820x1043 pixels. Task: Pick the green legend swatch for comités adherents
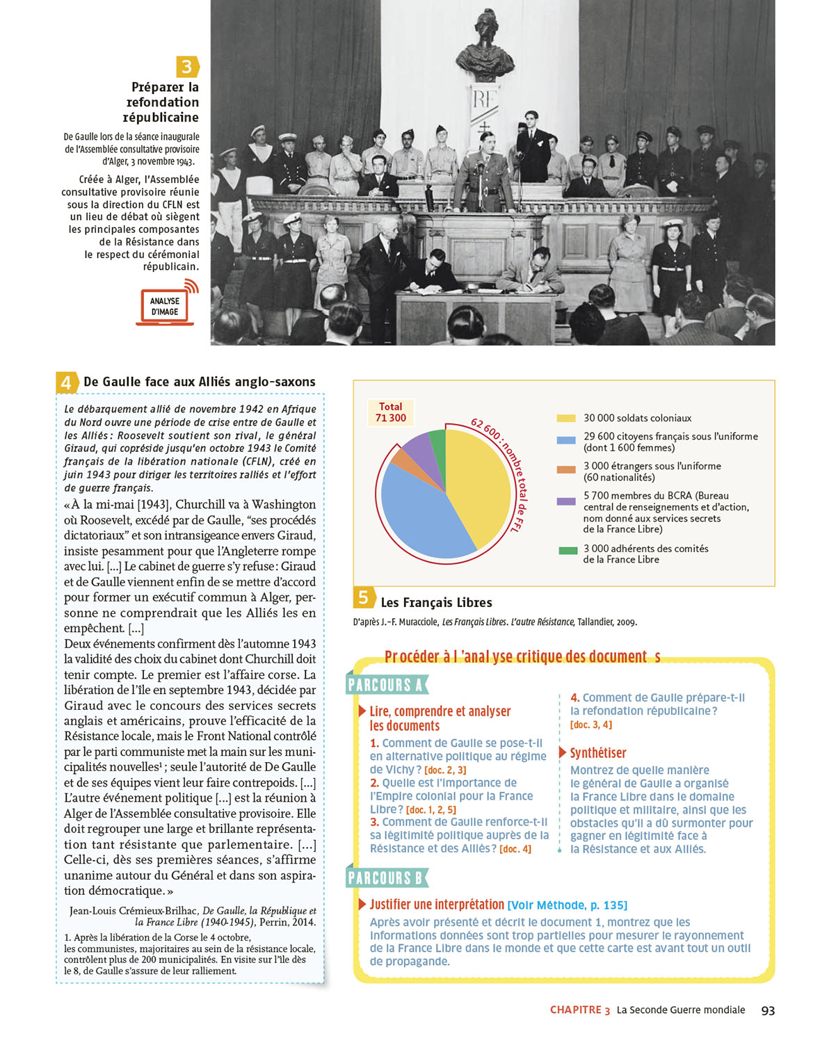[568, 550]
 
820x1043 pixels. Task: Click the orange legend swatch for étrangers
[566, 469]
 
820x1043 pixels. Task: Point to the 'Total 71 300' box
[390, 412]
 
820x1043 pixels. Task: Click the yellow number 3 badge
[187, 67]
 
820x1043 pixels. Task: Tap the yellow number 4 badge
[66, 382]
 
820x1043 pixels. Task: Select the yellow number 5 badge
[363, 597]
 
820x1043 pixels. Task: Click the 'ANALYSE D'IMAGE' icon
[166, 307]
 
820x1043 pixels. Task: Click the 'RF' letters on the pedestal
[484, 99]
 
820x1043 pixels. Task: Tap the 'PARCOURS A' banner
[386, 685]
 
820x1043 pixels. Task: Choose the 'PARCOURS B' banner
[386, 878]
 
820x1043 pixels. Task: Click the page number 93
[768, 1010]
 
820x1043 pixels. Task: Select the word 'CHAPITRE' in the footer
[575, 1010]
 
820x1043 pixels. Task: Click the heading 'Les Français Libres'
[436, 603]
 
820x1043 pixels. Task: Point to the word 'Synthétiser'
[597, 753]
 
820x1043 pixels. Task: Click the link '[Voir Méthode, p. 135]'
[567, 905]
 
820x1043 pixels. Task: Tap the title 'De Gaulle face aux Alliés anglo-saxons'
[199, 382]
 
